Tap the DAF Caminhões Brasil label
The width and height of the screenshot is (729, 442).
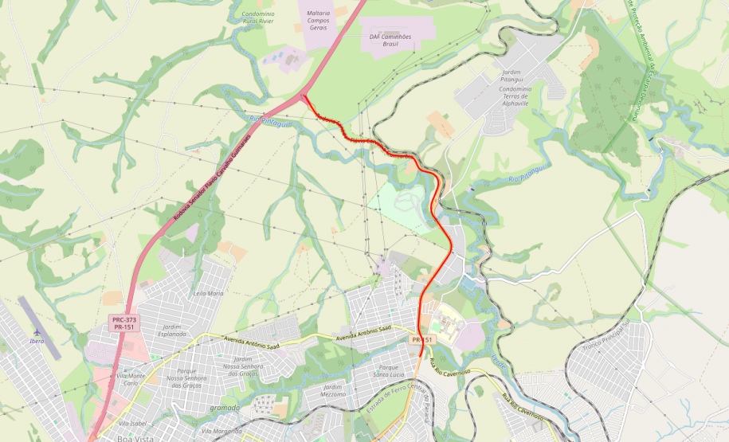point(390,40)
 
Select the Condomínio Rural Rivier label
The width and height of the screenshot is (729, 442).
point(259,18)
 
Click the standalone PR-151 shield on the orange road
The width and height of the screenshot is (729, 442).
point(422,339)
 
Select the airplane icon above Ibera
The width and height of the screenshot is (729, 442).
point(37,331)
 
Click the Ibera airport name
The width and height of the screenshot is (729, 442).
point(37,342)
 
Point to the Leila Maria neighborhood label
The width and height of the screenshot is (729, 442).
point(209,293)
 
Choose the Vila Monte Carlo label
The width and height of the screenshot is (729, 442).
point(131,379)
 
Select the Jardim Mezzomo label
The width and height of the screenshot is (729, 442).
point(333,390)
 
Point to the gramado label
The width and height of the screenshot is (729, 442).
point(225,408)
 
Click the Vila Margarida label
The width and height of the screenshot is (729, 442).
point(221,431)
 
